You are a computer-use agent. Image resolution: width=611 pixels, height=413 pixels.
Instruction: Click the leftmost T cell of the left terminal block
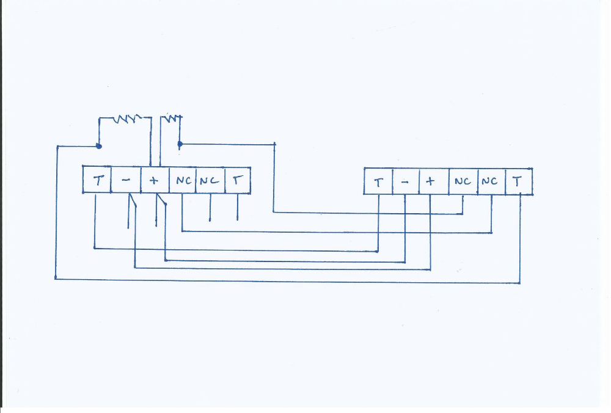[97, 180]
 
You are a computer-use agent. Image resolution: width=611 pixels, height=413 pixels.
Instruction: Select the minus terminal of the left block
[125, 180]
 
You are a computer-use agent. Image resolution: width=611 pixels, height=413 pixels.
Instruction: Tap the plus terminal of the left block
[154, 180]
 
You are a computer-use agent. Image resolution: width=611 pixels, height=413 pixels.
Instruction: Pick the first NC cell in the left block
[182, 180]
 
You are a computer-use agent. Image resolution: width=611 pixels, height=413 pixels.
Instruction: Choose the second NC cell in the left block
[210, 180]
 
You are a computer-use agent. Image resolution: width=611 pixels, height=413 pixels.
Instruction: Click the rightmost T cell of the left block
[238, 180]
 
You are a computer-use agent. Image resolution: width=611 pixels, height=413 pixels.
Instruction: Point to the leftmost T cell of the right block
[378, 181]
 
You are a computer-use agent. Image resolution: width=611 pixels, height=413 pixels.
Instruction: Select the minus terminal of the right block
[405, 181]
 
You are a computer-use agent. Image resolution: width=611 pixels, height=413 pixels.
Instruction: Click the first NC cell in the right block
[463, 181]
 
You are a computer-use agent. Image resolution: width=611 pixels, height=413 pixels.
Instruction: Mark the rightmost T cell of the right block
[519, 181]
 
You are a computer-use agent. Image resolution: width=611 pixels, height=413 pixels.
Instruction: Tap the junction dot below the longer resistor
[99, 147]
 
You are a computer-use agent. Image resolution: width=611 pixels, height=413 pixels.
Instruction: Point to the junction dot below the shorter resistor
[180, 144]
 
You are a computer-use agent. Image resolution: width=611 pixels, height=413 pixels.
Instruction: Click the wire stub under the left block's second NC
[210, 208]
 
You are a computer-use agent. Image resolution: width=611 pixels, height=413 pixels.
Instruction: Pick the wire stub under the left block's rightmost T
[238, 208]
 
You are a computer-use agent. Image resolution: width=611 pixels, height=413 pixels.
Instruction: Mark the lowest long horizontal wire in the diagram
[287, 281]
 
